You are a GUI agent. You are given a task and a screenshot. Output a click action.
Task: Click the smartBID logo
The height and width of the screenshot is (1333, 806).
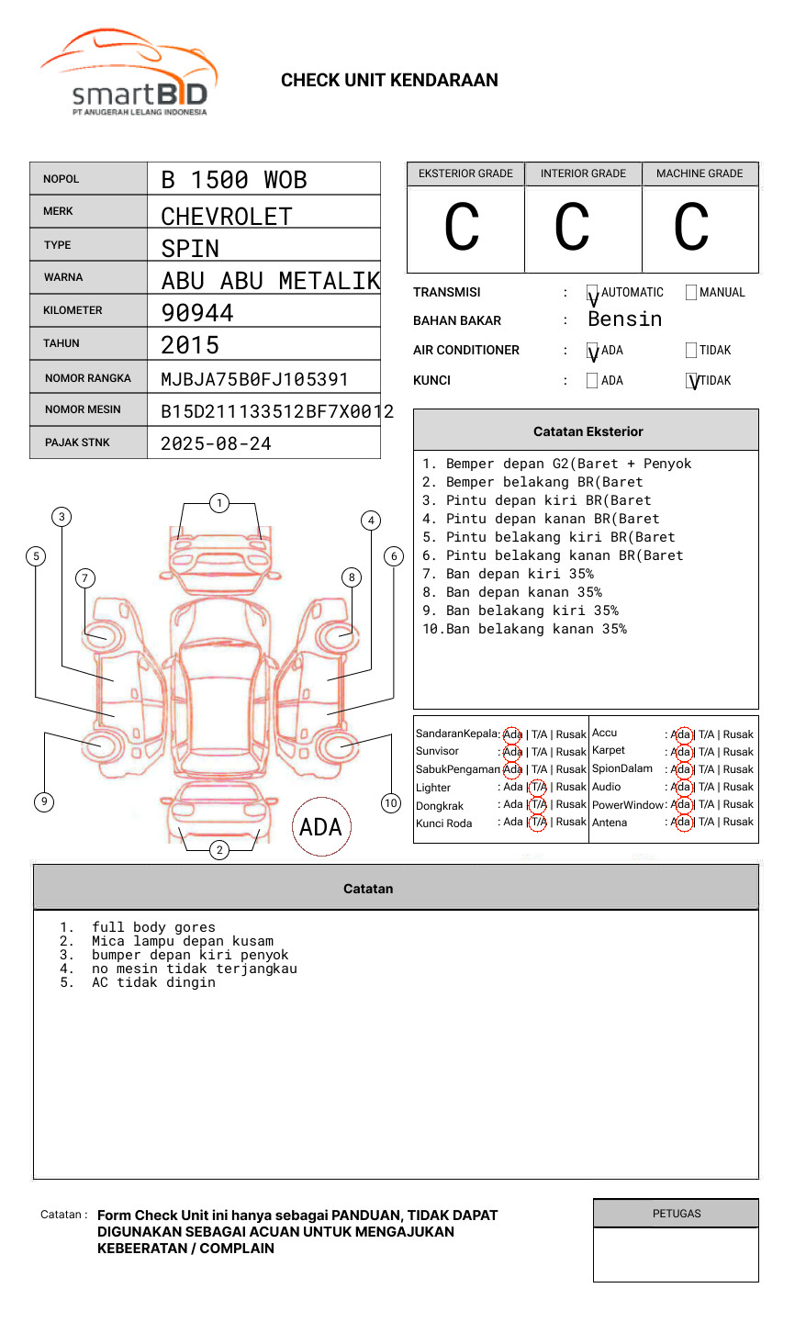click(x=129, y=73)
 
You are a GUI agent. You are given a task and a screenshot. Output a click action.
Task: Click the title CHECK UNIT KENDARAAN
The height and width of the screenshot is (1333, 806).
click(x=389, y=81)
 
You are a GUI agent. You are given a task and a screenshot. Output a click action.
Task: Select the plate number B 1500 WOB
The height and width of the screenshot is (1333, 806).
click(x=234, y=180)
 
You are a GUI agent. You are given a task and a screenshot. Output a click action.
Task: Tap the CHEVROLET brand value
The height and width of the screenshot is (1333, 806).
click(x=227, y=217)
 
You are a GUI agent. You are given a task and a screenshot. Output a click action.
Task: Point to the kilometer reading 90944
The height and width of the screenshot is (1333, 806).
click(x=197, y=313)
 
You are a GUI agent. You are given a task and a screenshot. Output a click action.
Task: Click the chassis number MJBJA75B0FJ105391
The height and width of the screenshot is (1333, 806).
click(x=254, y=379)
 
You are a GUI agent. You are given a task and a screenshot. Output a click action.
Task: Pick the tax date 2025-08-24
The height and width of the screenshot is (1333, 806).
click(x=216, y=444)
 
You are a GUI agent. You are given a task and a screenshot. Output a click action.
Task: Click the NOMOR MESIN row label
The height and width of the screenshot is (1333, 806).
click(x=83, y=409)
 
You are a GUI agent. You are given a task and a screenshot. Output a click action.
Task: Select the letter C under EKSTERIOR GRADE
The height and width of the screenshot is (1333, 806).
click(x=462, y=228)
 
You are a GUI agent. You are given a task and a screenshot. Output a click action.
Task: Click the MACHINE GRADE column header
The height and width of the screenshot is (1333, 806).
click(x=700, y=174)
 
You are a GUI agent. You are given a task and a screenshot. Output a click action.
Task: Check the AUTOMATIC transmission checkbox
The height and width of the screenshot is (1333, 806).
click(x=592, y=294)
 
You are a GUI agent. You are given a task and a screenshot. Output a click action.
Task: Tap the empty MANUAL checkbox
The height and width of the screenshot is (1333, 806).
click(x=691, y=293)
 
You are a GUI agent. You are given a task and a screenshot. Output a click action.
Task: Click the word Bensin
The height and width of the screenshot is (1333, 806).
click(x=624, y=319)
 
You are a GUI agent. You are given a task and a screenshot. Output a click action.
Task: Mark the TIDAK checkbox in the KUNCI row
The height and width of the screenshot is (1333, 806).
click(x=692, y=381)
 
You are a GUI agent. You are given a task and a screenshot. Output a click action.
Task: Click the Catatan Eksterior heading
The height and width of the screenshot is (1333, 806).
click(x=588, y=431)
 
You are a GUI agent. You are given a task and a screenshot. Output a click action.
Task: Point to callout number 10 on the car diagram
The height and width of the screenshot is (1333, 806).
click(x=391, y=803)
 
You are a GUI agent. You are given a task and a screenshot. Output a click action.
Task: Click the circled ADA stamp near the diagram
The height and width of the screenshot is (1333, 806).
click(x=321, y=827)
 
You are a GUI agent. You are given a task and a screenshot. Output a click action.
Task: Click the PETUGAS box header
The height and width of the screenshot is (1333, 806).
click(x=677, y=1214)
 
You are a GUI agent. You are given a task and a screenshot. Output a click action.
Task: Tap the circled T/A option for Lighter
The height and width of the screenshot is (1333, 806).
click(x=538, y=787)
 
